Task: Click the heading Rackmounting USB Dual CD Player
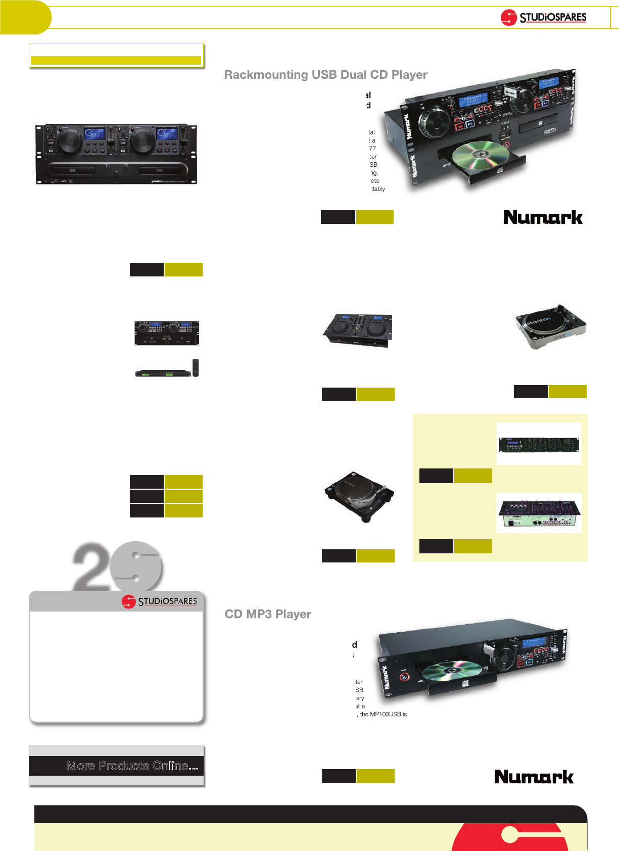click(325, 75)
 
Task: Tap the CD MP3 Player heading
click(268, 614)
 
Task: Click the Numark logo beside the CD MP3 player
click(534, 777)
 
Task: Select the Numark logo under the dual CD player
click(543, 217)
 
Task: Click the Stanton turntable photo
click(550, 326)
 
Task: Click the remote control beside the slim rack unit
click(196, 367)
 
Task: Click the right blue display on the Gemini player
click(167, 133)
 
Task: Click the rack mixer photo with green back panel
click(539, 513)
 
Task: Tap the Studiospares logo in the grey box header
click(159, 601)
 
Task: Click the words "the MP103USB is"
click(383, 714)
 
